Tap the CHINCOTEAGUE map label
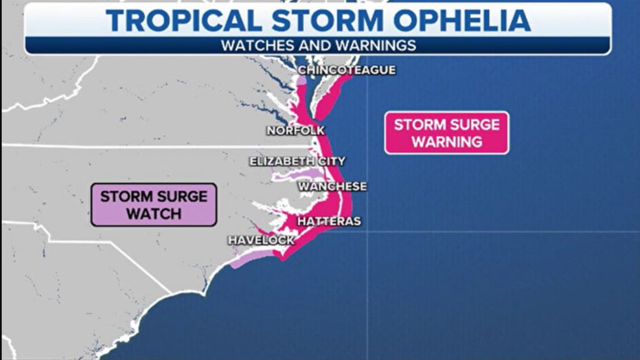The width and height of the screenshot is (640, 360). click(x=347, y=70)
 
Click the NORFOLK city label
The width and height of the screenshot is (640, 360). click(x=295, y=131)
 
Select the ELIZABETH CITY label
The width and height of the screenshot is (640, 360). click(x=297, y=161)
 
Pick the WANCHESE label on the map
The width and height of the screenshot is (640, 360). click(x=332, y=186)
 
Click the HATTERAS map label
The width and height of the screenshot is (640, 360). click(x=329, y=221)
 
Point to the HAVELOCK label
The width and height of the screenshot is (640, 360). click(x=262, y=240)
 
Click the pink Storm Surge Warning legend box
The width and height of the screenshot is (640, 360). click(x=447, y=133)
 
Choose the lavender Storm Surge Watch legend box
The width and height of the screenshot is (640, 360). click(x=154, y=205)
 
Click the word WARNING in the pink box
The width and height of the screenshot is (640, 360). click(x=447, y=142)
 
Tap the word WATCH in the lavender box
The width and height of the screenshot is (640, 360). click(x=154, y=214)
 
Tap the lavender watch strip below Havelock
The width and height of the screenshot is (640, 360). click(x=243, y=260)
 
